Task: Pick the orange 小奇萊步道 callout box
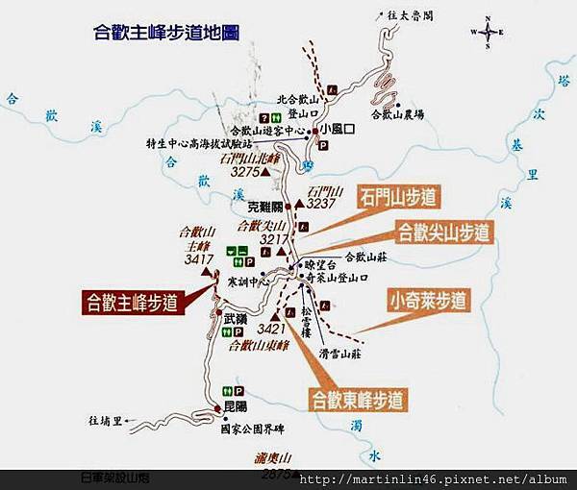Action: pos(429,300)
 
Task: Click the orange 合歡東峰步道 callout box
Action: pos(356,398)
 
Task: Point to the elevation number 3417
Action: pos(199,259)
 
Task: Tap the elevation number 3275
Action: pos(247,172)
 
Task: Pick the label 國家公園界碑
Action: pos(253,429)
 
